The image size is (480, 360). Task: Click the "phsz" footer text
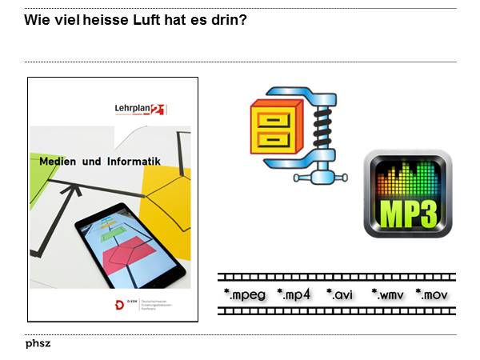tap(38, 344)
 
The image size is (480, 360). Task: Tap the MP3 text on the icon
tap(407, 212)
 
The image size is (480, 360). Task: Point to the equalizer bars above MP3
tap(407, 180)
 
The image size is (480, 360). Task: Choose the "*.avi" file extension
tap(340, 294)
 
